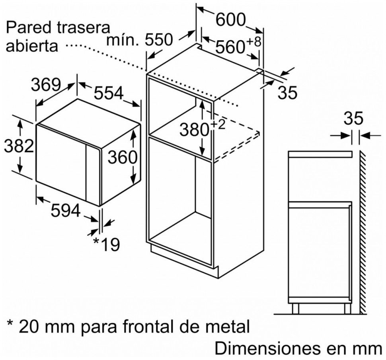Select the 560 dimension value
coord(229,47)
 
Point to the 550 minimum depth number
coord(158,40)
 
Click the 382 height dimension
coord(18,147)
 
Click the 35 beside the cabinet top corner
coord(287,93)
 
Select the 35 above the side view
coord(353,119)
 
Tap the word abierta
coord(32,46)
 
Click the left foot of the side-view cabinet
coord(295,308)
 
